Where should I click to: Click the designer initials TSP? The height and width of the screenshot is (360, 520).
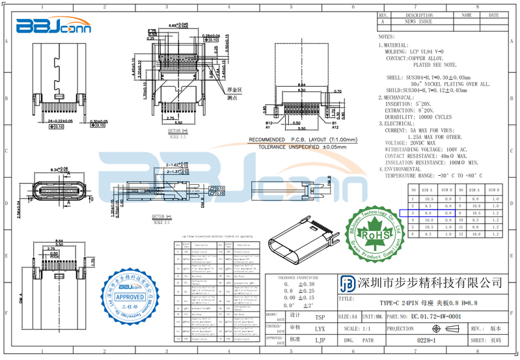[320, 317]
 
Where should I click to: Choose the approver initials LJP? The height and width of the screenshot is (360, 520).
[320, 340]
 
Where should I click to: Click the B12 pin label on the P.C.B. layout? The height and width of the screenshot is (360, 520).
[268, 122]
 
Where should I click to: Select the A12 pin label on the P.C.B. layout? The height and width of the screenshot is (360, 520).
[335, 127]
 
